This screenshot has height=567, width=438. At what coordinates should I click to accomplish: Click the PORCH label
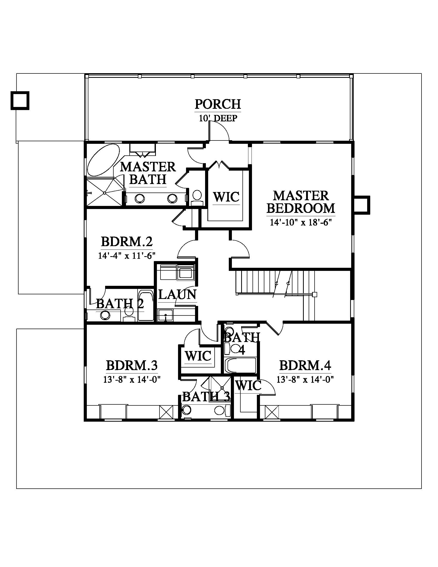coord(218,104)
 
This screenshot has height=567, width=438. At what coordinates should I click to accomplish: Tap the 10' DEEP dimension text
coord(218,118)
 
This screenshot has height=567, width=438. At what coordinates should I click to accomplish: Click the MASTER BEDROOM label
coord(301,202)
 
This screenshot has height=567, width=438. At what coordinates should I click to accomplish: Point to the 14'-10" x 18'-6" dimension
coord(301,222)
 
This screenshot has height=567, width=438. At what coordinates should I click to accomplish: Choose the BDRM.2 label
coord(127,241)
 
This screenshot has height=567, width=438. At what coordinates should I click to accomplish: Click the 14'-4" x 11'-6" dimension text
coord(127,256)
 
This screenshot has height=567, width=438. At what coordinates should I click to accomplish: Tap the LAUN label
coord(177,294)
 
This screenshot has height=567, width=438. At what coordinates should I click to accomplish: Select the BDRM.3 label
coord(132,365)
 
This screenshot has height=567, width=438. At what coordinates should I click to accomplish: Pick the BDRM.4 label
coord(305,365)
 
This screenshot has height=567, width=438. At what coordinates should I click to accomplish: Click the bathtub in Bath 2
coord(146,306)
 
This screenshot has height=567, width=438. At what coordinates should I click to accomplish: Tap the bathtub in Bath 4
coord(240,365)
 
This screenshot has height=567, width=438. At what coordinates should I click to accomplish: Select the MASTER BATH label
coord(148,173)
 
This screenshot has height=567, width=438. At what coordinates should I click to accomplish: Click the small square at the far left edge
coord(20,101)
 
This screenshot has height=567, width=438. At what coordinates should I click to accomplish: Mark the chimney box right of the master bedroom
coord(362,205)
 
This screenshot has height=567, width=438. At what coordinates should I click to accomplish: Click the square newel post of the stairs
coord(315,294)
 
